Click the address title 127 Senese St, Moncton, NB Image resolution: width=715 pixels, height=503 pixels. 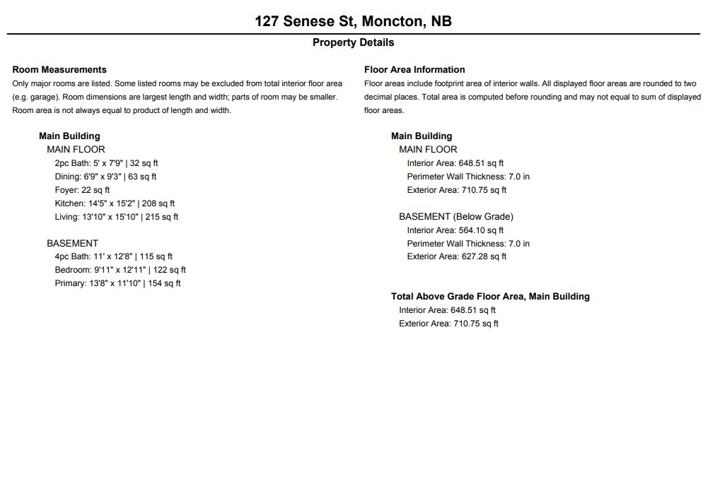[353, 21]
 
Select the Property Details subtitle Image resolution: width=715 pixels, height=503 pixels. [353, 42]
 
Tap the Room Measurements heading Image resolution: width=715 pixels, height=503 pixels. [59, 69]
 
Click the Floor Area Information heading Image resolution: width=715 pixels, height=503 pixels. [414, 69]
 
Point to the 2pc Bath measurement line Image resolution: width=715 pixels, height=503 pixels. [106, 163]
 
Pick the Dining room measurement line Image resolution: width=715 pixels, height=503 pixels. [105, 177]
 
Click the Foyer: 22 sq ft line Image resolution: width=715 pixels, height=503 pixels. [82, 190]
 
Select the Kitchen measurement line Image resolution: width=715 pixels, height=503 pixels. [115, 203]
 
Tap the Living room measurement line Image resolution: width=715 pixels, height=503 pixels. [117, 217]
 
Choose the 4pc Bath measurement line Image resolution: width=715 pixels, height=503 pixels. [113, 256]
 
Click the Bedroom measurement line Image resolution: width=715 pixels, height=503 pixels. [120, 270]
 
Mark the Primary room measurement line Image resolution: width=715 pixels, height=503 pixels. [117, 283]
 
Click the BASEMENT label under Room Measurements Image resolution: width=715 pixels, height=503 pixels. [72, 243]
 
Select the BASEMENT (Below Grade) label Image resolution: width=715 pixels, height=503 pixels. [456, 217]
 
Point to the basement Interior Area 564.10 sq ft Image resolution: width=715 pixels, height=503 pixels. [455, 230]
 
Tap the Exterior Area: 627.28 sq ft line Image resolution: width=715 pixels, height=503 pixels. [456, 256]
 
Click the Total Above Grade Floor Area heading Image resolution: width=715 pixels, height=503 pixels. [490, 297]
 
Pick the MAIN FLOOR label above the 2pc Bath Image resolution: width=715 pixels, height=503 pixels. [76, 150]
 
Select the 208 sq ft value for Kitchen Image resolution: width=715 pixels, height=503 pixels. [158, 203]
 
